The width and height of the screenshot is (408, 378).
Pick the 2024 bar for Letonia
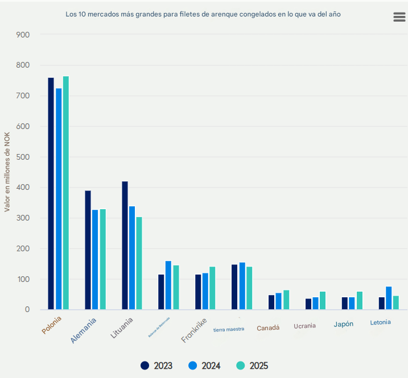389,298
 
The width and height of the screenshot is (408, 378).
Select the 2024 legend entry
204,366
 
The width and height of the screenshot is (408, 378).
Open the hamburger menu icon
399,17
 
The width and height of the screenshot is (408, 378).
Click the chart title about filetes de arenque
203,13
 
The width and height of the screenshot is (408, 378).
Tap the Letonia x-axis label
380,322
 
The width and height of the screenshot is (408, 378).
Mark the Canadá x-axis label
268,328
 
